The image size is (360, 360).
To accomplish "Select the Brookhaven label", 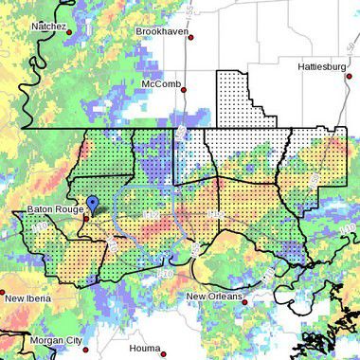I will click(x=163, y=30).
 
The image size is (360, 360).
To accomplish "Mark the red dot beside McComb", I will click(x=184, y=90).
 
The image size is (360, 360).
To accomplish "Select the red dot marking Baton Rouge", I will click(x=85, y=217).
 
